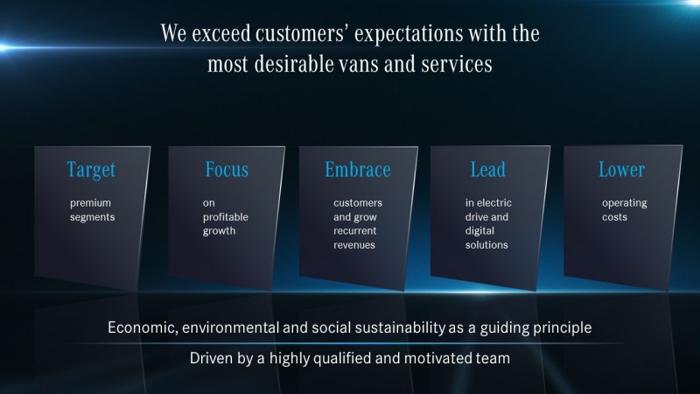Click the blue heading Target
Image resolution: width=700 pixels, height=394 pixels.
click(91, 170)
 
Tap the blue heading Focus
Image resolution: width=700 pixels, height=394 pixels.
click(227, 169)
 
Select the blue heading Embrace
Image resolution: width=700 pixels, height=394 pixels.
click(358, 169)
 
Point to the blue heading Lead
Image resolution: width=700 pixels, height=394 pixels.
click(488, 169)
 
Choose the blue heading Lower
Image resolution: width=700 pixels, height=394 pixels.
click(621, 169)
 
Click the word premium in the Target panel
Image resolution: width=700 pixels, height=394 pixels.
click(90, 203)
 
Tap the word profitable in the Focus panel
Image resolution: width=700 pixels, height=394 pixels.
click(226, 217)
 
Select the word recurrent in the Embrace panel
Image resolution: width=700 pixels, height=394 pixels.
click(355, 231)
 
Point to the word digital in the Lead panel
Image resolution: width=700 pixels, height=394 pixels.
click(479, 231)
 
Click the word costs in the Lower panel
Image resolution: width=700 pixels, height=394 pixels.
click(614, 217)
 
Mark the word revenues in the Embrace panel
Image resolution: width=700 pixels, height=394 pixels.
click(354, 245)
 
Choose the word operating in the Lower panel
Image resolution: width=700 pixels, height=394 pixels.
click(624, 204)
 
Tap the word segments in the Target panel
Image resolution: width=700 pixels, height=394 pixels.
click(92, 217)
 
